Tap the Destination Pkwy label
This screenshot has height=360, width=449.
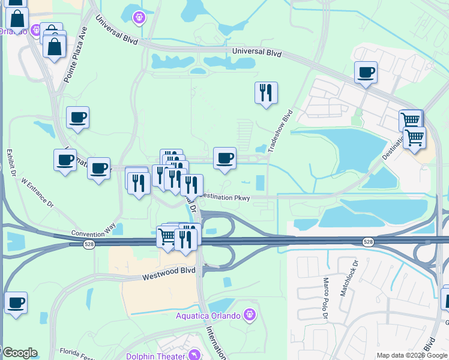tap(224, 196)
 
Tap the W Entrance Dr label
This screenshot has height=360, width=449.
tap(38, 193)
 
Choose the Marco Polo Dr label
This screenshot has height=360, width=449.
tap(327, 292)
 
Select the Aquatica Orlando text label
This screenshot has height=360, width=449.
tap(208, 316)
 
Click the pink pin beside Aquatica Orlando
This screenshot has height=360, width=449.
tap(250, 314)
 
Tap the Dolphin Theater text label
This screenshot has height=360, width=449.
tap(155, 356)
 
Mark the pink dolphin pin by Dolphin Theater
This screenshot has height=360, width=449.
tap(194, 355)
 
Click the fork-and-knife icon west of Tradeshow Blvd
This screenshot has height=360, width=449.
tap(266, 93)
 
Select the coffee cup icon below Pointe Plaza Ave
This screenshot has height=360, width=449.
tap(77, 118)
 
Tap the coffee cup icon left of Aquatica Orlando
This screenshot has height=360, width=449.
tap(16, 302)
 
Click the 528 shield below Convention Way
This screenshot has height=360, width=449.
tap(88, 244)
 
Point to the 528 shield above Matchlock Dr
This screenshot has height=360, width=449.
tap(367, 241)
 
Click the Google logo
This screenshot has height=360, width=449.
tap(20, 353)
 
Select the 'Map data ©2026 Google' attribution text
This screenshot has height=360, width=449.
tap(412, 356)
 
